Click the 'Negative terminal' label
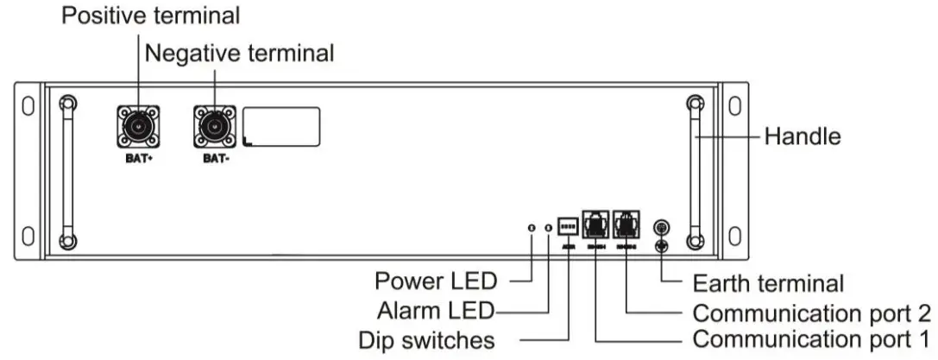[x=239, y=54]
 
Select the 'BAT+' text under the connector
[x=138, y=160]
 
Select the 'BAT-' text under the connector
[x=213, y=160]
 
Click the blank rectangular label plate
[x=281, y=127]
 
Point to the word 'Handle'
[x=803, y=136]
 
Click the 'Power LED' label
[x=436, y=281]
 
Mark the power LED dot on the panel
[x=532, y=228]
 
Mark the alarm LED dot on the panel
[x=549, y=228]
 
